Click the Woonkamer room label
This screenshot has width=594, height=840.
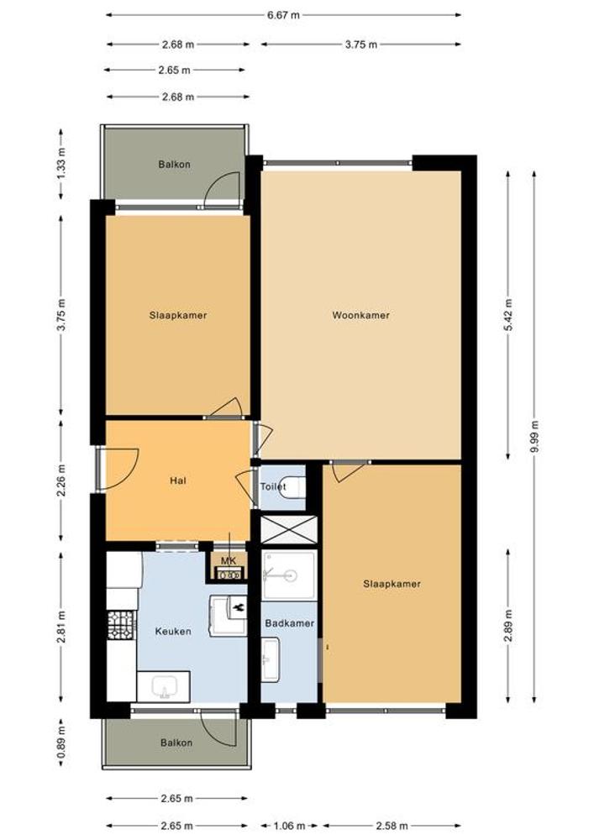point(360,315)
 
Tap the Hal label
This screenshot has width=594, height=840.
point(178,480)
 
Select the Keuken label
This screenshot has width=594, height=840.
point(173,631)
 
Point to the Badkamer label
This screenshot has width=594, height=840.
point(290,623)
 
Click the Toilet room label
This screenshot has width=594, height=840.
point(273,486)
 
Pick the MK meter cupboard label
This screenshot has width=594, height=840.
point(229,561)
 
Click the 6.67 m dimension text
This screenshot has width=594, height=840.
point(283,15)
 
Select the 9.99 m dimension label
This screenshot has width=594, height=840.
point(534,437)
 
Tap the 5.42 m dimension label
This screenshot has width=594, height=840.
point(509,315)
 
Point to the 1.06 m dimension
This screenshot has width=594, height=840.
point(289,826)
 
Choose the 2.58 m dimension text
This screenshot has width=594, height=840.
point(391,826)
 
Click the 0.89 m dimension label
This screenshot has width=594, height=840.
point(61,742)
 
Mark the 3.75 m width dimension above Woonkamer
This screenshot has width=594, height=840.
point(361,45)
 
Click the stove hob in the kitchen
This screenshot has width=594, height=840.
point(122,625)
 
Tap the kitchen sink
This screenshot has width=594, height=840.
point(163,686)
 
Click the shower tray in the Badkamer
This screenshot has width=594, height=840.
point(289,575)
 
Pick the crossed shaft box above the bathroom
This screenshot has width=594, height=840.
point(289,530)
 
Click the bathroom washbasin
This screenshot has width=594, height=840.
point(271,659)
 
